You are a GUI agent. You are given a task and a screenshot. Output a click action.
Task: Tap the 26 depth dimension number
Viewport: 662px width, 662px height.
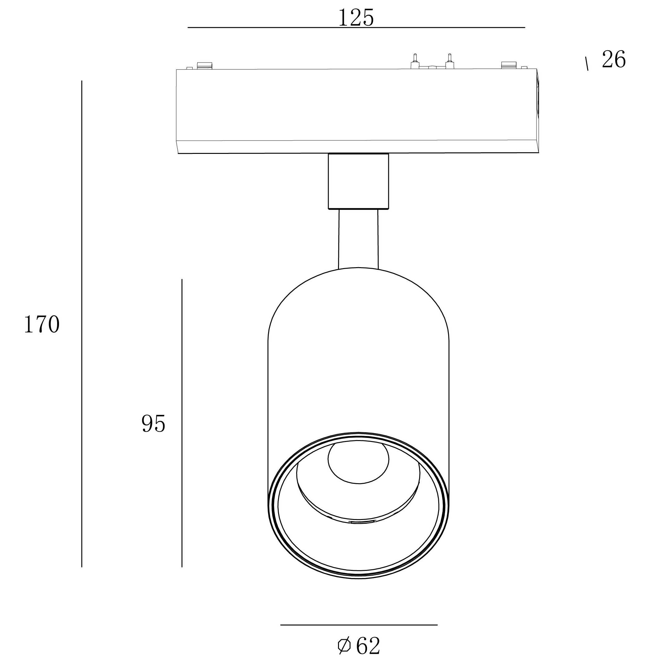(613, 59)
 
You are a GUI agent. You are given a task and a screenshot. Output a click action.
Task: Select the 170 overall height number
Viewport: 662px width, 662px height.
(42, 324)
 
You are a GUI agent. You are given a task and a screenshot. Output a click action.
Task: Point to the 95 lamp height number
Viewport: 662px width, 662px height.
(153, 423)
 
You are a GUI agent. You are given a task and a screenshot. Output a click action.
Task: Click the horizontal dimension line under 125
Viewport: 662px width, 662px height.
(356, 27)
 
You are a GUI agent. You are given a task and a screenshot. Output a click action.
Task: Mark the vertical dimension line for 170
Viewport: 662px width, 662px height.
(81, 324)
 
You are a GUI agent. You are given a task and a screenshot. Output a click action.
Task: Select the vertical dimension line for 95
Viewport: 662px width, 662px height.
(182, 423)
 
